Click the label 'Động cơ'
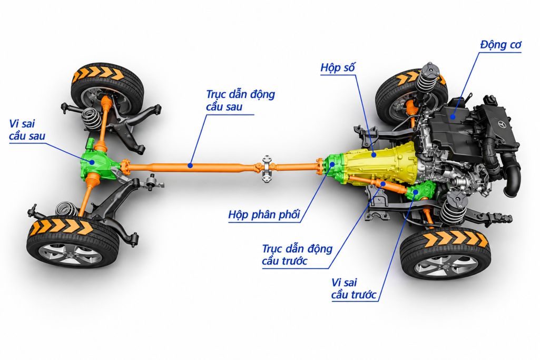pos(500,45)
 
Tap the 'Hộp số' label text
pos(337,67)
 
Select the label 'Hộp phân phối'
pos(264,215)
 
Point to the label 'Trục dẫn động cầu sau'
pos(240,100)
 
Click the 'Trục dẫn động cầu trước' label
pos(297,255)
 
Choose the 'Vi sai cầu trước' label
pos(354,289)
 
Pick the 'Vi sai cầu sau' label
pos(27,130)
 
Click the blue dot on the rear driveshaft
pos(190,166)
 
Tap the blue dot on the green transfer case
pos(332,164)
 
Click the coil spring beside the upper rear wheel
pos(92,118)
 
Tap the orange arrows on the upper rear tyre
pos(101,73)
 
